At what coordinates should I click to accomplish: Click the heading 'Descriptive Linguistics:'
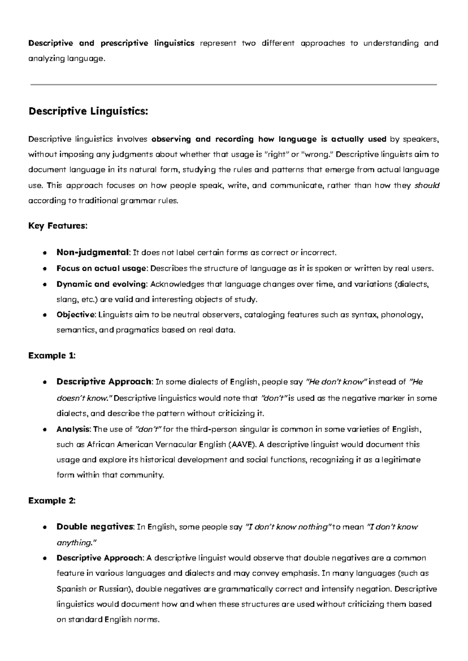click(x=88, y=111)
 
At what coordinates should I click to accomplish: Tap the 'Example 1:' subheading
click(x=52, y=356)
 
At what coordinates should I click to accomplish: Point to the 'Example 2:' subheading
click(x=52, y=501)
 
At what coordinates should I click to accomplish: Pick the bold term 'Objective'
click(x=76, y=315)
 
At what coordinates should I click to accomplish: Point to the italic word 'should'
click(x=427, y=185)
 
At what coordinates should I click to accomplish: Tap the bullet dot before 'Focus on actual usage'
click(x=45, y=269)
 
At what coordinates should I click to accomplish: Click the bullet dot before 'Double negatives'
click(x=45, y=527)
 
